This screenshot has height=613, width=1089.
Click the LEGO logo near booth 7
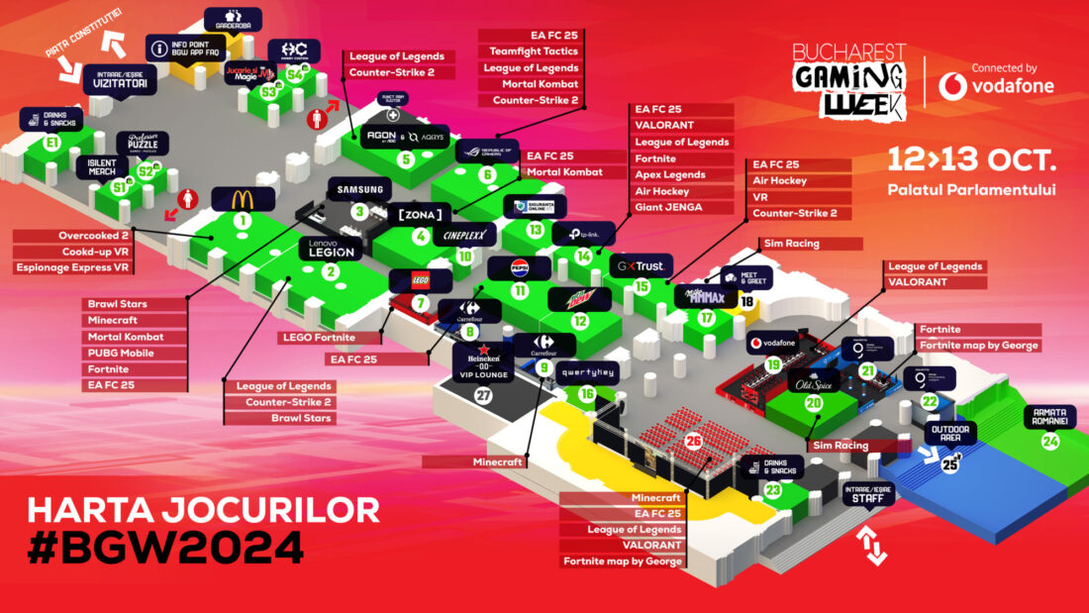click(x=407, y=280)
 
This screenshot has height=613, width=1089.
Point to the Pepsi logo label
click(x=519, y=267)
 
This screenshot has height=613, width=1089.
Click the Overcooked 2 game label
click(x=74, y=236)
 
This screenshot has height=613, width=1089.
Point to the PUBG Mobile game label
click(x=126, y=353)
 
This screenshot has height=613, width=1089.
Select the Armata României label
click(x=1053, y=417)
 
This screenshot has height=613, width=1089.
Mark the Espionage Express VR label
click(x=75, y=267)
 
